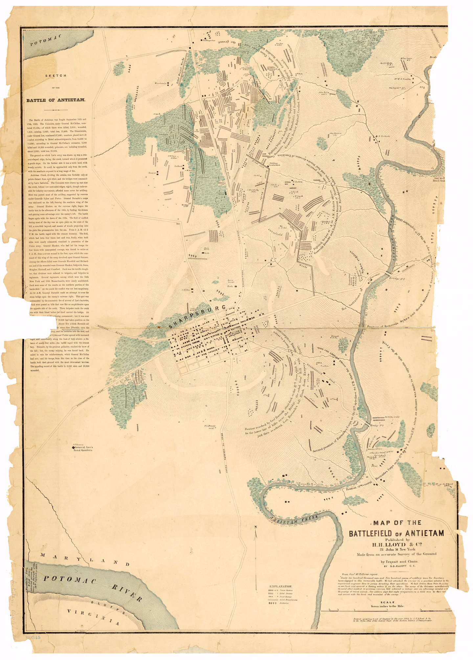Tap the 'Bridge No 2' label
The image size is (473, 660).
click(x=397, y=279)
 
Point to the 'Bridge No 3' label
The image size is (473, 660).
click(x=377, y=425)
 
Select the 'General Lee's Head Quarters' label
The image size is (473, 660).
click(x=83, y=449)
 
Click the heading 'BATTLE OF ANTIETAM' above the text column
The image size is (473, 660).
click(x=56, y=100)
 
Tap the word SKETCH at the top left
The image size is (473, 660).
click(x=56, y=76)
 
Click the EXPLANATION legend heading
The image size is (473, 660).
click(x=280, y=586)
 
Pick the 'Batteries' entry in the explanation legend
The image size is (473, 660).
click(x=284, y=603)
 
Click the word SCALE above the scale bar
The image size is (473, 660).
click(x=387, y=602)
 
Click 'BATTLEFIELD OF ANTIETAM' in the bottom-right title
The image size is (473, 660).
click(x=396, y=534)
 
